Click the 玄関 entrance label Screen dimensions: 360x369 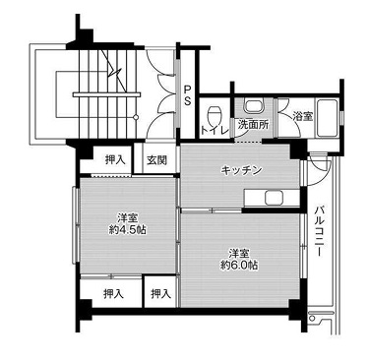pos(157,160)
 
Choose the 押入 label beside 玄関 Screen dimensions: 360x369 pos(116,159)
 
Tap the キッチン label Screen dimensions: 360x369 pos(240,170)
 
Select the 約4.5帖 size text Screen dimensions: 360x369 pos(128,229)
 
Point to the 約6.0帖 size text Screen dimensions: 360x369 pos(239,266)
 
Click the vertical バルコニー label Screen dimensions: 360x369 pos(322,231)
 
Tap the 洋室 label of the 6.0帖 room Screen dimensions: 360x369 pos(239,251)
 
